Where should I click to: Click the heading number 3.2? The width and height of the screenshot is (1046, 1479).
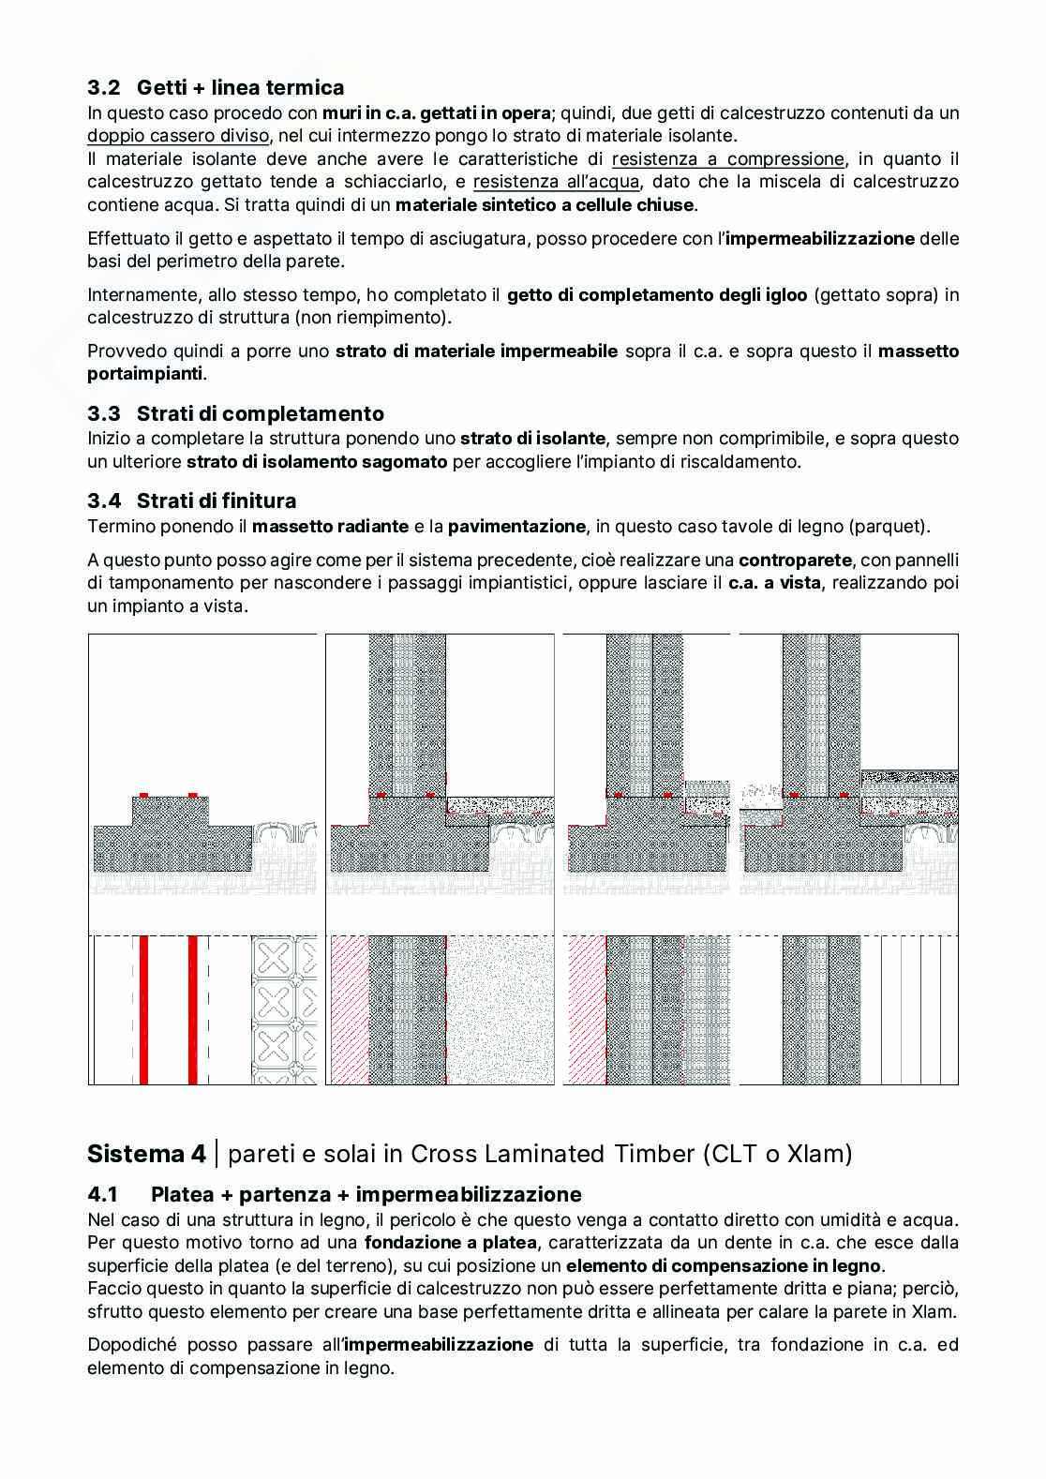coord(104,88)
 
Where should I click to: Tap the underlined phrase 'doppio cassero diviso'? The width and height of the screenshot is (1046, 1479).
coord(178,136)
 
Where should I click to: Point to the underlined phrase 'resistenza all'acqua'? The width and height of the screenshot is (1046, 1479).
coord(556,182)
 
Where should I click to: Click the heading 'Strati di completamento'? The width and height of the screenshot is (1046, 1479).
coord(261,413)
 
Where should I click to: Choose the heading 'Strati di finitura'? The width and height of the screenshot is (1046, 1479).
coord(217,500)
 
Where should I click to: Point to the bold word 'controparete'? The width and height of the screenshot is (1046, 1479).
coord(795,560)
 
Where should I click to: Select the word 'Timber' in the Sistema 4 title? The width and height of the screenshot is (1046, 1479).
coord(651,1154)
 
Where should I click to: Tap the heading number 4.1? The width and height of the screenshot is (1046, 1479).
coord(103,1195)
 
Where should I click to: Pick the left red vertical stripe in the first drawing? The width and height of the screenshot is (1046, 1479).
coord(144,1009)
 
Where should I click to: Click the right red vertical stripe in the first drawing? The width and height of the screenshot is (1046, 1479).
coord(193,1009)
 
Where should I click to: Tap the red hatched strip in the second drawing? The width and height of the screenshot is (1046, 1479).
coord(349,1009)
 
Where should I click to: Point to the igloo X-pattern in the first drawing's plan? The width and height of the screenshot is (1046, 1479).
coord(283,1009)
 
